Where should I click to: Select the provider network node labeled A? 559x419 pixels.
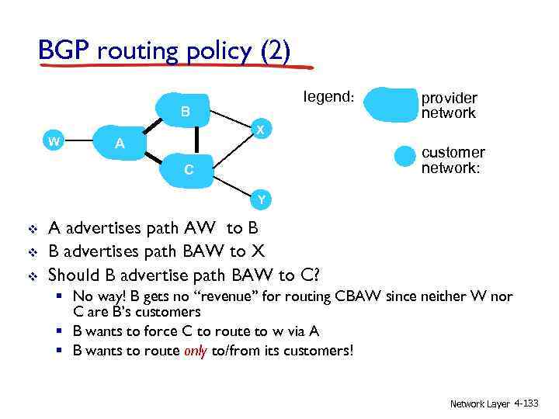click(x=120, y=143)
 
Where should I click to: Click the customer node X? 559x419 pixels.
click(x=262, y=129)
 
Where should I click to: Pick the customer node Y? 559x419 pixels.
click(x=262, y=199)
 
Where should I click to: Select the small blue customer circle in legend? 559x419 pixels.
click(x=405, y=155)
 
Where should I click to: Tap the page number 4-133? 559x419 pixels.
click(x=532, y=403)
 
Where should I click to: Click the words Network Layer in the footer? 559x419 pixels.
click(x=481, y=403)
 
